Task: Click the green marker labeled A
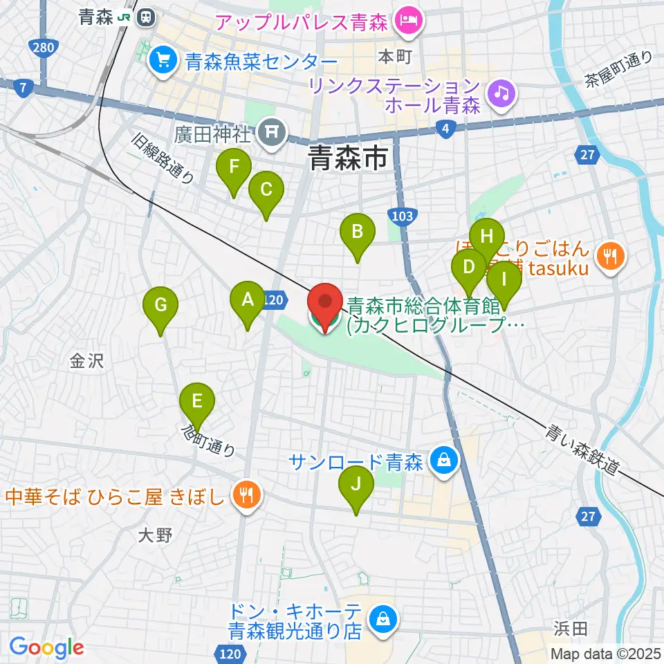(x=248, y=300)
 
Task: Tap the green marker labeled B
(x=357, y=232)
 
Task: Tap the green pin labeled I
(x=504, y=280)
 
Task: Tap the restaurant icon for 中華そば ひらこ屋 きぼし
(x=244, y=496)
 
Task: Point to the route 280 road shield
(x=42, y=48)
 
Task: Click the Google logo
(x=46, y=647)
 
